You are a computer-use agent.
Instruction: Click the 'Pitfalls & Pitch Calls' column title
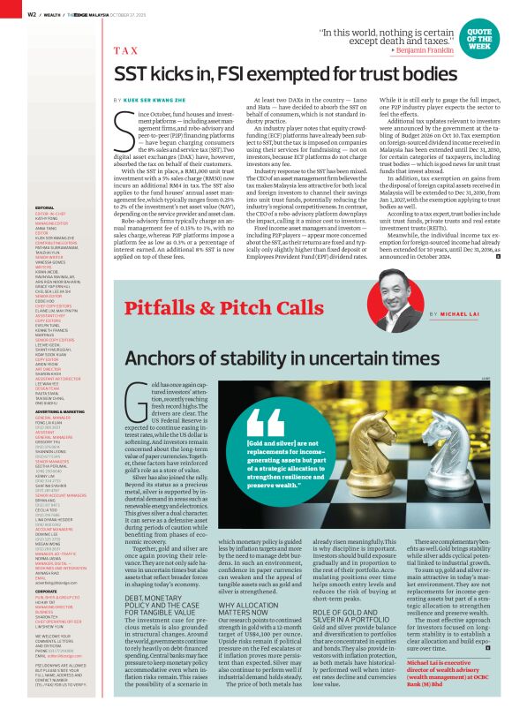(x=224, y=309)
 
